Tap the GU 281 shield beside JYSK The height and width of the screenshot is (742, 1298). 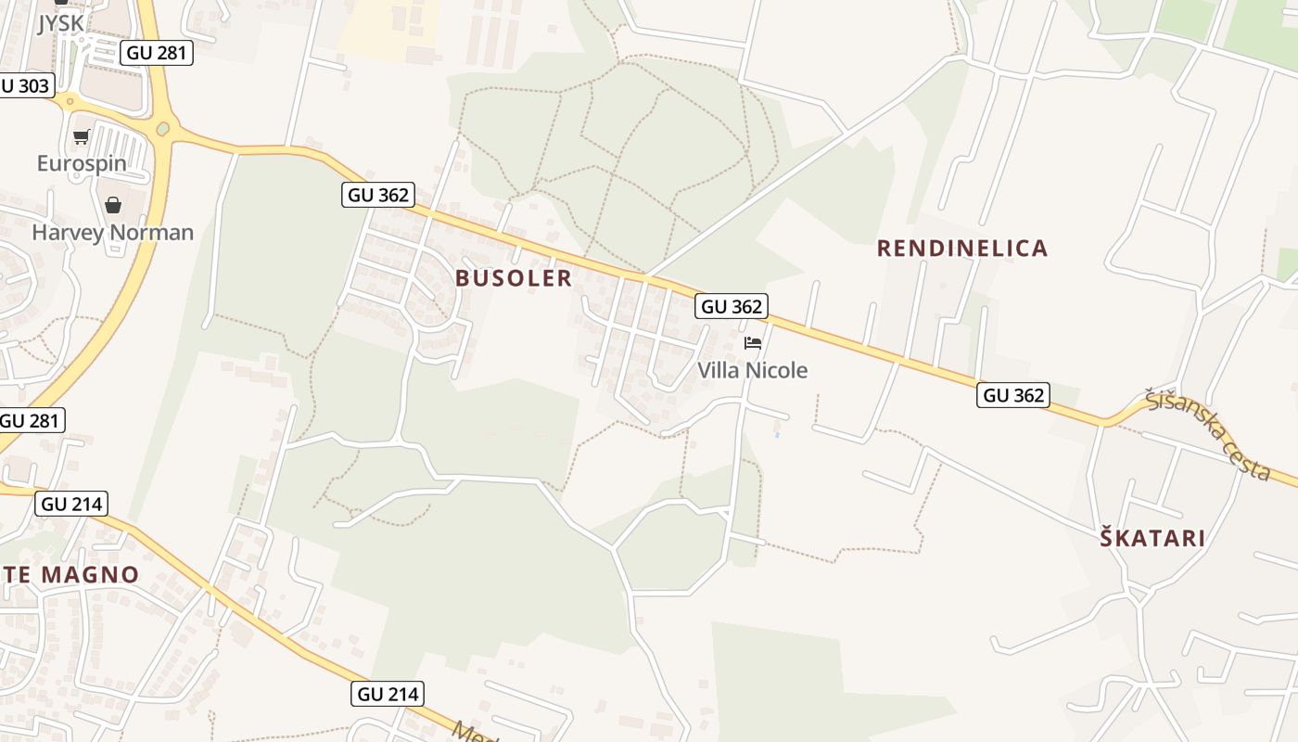(157, 52)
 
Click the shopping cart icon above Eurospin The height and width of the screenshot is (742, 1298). (82, 137)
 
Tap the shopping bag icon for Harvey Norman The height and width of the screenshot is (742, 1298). (113, 205)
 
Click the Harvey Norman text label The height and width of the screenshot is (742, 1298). (113, 232)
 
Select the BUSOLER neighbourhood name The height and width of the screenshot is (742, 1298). (514, 278)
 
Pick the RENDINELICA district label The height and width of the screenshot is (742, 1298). (962, 249)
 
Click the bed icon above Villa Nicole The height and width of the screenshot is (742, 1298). (753, 343)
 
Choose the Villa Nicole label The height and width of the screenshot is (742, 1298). (753, 371)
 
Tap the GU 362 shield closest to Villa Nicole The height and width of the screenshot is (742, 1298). (732, 306)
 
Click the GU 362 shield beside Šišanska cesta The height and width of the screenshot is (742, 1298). (1014, 395)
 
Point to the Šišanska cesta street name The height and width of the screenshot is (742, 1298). (1207, 434)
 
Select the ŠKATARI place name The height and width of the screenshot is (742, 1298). (1152, 538)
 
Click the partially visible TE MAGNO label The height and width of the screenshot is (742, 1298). (70, 574)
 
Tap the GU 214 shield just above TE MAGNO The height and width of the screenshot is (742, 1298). (72, 505)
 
